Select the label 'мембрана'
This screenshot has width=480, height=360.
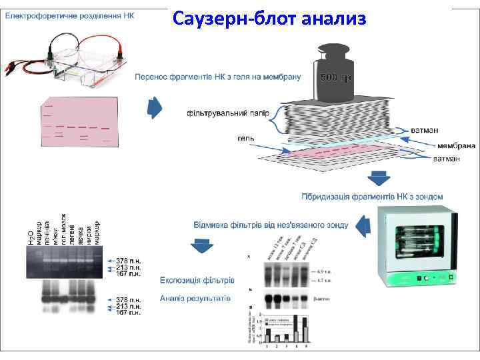point(456,145)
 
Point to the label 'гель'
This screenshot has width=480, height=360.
point(244,139)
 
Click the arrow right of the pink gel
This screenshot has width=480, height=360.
point(155,107)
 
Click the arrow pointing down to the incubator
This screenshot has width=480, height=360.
point(379,179)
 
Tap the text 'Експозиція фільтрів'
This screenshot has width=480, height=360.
point(197,279)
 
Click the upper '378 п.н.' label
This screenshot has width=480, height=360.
point(127,259)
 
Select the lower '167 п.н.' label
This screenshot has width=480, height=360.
point(127,312)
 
